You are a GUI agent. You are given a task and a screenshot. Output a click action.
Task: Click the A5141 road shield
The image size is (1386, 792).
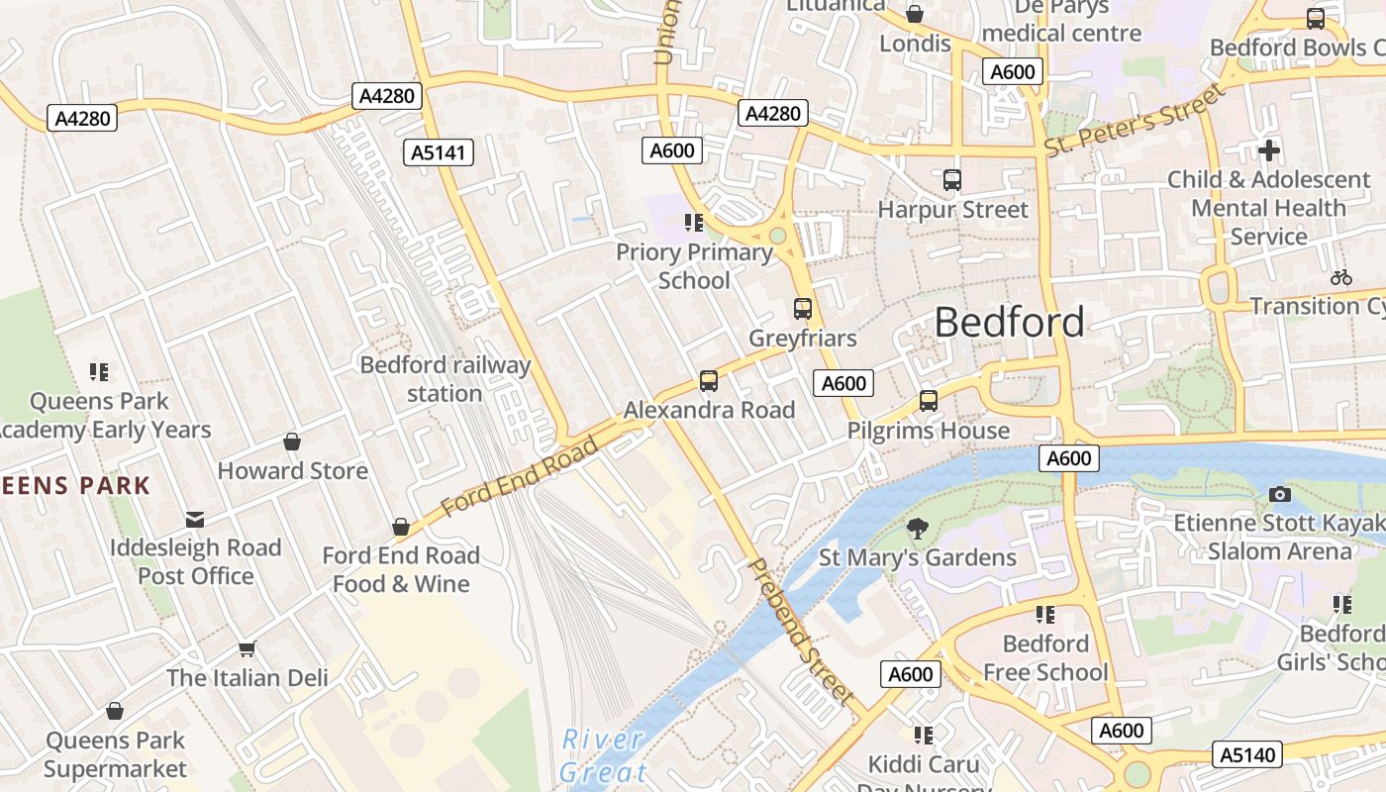439,152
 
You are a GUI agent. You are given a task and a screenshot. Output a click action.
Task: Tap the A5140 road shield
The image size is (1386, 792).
1247,754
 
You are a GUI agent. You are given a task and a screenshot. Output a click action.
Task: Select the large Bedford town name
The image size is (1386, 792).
1009,323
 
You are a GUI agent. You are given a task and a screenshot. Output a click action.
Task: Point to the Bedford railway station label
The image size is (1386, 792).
445,379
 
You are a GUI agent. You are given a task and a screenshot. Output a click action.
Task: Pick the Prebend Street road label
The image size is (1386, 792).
799,631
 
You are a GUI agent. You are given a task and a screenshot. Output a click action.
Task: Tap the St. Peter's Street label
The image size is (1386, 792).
1135,121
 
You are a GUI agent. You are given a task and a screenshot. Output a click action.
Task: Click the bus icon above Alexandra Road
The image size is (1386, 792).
708,381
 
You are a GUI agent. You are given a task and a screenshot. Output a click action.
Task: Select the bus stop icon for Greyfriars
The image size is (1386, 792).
802,309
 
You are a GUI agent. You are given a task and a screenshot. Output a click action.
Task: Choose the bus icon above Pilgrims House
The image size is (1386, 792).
928,401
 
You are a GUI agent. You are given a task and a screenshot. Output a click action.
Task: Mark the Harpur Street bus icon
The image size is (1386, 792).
951,180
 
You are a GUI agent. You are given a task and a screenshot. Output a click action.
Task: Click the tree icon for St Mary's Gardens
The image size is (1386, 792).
918,529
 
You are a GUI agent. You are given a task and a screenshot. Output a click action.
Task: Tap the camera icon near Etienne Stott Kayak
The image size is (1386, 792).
1279,494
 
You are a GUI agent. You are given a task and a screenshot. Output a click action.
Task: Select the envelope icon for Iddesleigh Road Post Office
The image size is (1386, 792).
195,519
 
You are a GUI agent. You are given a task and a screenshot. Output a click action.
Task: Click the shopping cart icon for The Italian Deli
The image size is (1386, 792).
247,649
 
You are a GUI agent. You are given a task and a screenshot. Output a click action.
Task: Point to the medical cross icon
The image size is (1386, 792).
1268,150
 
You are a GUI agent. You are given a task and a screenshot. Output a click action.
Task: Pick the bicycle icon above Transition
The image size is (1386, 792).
1340,277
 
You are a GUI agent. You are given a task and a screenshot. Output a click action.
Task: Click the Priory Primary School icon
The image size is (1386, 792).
693,223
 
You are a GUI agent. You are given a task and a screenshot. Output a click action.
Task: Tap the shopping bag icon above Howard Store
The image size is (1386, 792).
292,442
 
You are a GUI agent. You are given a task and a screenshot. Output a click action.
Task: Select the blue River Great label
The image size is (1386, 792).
604,754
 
